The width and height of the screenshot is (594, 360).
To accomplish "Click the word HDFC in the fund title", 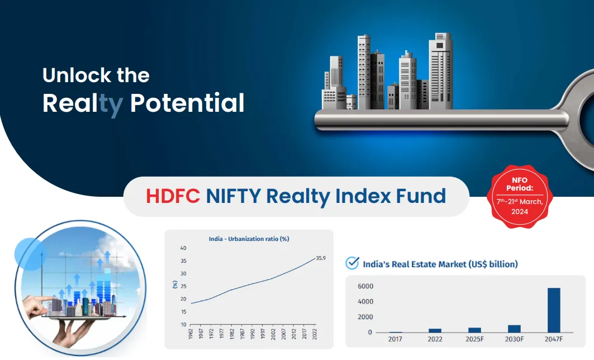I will (173, 196).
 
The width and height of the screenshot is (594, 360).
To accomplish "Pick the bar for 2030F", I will (514, 329).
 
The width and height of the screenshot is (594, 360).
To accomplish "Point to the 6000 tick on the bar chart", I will (365, 286).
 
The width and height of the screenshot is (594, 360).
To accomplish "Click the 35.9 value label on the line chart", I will (321, 258).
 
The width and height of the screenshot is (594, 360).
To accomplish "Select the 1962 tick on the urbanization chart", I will (191, 334).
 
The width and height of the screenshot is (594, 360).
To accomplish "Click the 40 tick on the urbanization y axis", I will (183, 248).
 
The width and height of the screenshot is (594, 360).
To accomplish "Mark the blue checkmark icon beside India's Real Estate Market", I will (352, 263).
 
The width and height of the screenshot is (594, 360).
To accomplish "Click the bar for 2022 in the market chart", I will (435, 330).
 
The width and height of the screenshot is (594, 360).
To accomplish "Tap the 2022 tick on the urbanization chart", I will (316, 334).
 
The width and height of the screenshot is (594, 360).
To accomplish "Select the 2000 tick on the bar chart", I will (365, 317).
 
